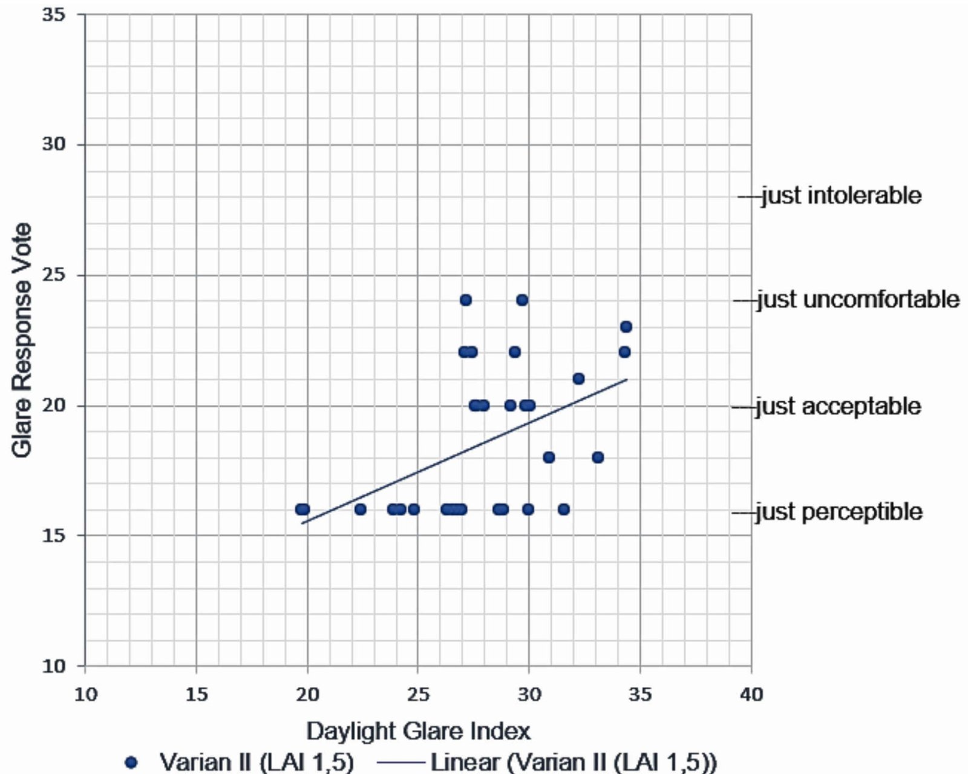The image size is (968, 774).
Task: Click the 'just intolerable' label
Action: (841, 196)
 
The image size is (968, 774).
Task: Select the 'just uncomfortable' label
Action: (858, 300)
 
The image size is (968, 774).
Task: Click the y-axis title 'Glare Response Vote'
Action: (22, 340)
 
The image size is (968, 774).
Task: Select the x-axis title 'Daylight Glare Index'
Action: (418, 731)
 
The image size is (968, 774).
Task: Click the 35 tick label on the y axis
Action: (54, 15)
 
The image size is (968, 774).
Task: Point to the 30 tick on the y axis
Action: (54, 145)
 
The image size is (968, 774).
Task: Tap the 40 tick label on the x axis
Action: (751, 694)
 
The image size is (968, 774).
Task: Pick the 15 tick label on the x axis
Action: (197, 694)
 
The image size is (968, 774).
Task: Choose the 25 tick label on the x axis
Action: (418, 694)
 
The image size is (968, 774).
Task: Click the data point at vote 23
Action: (626, 327)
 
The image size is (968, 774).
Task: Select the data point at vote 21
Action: (578, 379)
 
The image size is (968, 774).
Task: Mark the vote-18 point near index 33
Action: (598, 458)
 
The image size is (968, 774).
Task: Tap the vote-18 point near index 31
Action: (549, 458)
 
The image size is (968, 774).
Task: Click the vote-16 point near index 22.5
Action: (360, 510)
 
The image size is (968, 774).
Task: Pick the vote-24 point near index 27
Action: (465, 300)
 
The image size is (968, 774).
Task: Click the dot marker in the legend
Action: (131, 761)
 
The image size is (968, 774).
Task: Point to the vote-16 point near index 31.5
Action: (563, 510)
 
